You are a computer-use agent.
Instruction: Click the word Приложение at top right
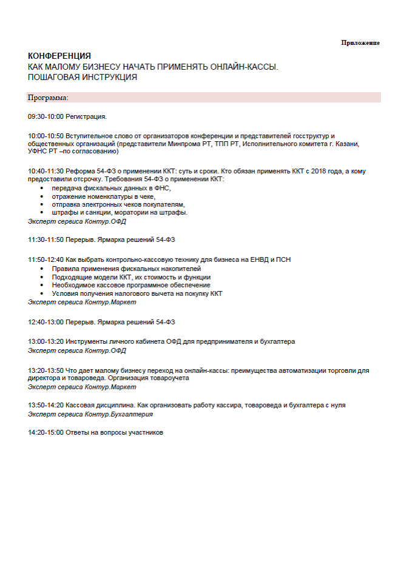pyautogui.click(x=360, y=42)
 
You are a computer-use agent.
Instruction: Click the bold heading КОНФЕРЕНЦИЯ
pyautogui.click(x=59, y=56)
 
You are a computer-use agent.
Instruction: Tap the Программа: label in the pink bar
pyautogui.click(x=48, y=97)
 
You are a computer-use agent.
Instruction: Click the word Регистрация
pyautogui.click(x=86, y=116)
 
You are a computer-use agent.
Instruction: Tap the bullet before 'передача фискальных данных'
pyautogui.click(x=42, y=189)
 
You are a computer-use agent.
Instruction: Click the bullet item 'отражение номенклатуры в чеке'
pyautogui.click(x=103, y=196)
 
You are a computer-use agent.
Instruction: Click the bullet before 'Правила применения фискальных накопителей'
pyautogui.click(x=42, y=269)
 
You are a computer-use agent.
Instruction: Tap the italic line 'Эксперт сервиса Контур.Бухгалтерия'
pyautogui.click(x=90, y=414)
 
